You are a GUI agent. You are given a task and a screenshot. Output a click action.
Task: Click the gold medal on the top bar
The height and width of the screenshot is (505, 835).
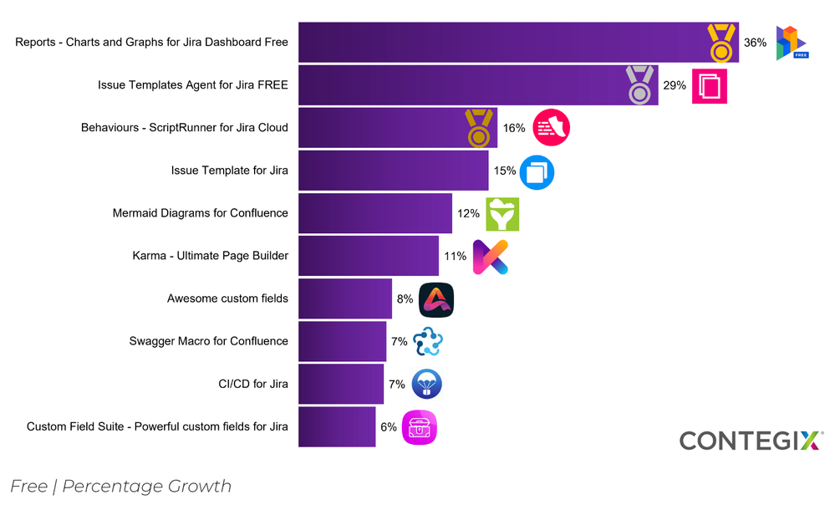[720, 43]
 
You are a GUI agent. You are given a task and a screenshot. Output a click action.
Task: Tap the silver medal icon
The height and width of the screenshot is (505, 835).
[640, 85]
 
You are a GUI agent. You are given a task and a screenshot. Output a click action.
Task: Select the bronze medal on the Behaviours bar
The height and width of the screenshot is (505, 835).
[479, 128]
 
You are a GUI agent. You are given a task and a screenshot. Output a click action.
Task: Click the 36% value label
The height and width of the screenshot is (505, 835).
[755, 43]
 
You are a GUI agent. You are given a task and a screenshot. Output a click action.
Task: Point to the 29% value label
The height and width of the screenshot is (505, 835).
[675, 85]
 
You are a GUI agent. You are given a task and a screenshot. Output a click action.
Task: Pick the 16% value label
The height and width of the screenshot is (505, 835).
[514, 128]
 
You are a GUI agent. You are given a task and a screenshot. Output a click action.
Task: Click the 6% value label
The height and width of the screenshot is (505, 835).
[389, 427]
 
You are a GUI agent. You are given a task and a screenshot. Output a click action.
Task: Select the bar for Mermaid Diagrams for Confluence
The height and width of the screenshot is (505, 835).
[375, 213]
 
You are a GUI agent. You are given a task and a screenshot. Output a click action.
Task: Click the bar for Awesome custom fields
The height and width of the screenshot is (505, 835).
[345, 299]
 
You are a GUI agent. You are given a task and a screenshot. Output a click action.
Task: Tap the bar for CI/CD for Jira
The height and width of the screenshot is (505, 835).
[341, 385]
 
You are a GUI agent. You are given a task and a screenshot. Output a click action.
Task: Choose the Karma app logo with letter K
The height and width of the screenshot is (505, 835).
[490, 257]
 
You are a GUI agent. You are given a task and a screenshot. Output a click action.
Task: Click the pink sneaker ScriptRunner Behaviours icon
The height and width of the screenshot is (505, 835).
[551, 128]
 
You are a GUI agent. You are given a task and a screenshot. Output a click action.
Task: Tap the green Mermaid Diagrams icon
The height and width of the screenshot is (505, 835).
[502, 214]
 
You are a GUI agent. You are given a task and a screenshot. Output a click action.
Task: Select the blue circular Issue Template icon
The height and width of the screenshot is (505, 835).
[537, 171]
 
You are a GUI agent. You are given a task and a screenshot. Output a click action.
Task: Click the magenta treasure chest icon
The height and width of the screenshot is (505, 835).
[420, 427]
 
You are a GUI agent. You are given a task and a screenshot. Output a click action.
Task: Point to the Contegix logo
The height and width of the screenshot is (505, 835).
[751, 441]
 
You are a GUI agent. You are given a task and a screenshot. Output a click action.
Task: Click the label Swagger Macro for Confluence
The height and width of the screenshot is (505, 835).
[209, 341]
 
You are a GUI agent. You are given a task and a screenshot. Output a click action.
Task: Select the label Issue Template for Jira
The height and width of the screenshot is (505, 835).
[230, 171]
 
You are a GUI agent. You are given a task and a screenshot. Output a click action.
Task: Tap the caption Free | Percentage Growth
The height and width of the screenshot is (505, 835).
[121, 487]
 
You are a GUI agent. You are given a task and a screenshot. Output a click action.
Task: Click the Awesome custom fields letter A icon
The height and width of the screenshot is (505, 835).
[436, 299]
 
